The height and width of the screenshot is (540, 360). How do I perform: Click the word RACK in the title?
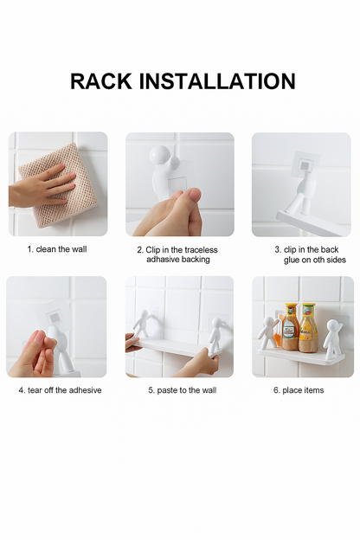(x=101, y=81)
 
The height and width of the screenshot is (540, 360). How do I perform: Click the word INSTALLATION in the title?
(x=217, y=81)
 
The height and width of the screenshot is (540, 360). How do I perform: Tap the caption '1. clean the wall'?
(x=57, y=249)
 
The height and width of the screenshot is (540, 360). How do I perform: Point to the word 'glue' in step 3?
(x=292, y=260)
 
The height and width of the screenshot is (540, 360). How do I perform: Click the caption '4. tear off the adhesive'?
(x=60, y=390)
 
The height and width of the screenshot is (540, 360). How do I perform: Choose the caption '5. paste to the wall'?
(x=183, y=390)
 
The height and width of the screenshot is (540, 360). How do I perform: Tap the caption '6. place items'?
(x=299, y=390)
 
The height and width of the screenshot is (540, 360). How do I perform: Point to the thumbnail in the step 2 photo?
(x=195, y=196)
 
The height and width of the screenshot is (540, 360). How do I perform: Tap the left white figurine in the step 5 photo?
(x=142, y=323)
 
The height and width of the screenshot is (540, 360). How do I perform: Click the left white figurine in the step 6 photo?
(x=269, y=333)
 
